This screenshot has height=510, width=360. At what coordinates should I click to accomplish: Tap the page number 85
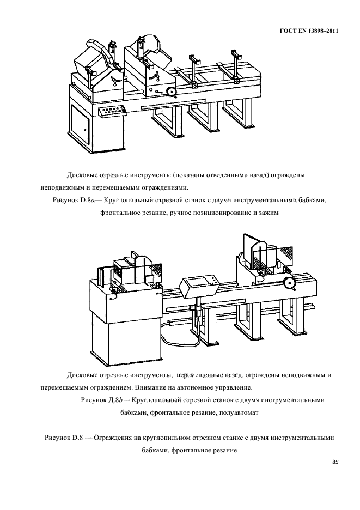pos(335,462)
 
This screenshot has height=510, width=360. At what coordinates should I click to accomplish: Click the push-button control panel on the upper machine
pos(112,111)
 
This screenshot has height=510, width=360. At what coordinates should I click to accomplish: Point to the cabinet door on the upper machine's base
pos(80,127)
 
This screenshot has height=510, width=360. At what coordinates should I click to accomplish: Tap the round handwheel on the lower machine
pos(288,283)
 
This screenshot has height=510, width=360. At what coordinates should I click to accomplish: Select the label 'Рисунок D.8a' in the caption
pos(76,201)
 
